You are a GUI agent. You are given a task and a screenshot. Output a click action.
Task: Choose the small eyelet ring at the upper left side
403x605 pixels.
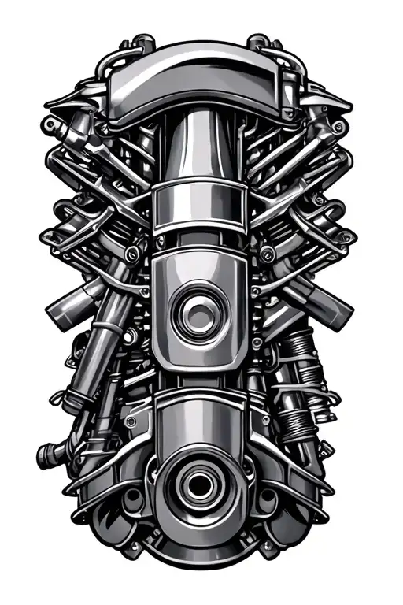[x=51, y=126]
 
